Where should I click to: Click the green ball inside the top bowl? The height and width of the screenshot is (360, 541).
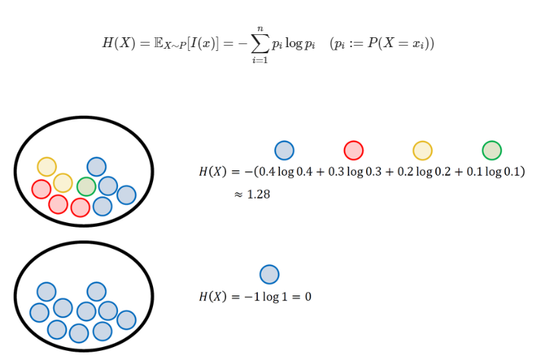click(x=87, y=186)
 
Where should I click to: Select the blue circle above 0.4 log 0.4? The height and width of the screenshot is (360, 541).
click(x=284, y=150)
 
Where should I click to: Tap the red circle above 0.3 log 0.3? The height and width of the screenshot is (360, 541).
click(x=353, y=150)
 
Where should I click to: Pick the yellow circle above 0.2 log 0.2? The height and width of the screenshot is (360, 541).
click(x=422, y=150)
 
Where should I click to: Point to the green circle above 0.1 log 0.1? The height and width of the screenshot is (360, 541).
click(x=492, y=150)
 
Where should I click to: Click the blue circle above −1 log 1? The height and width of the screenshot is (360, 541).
click(x=269, y=274)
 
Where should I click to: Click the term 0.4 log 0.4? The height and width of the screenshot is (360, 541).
click(x=285, y=172)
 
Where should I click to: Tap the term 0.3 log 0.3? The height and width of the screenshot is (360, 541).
click(x=354, y=172)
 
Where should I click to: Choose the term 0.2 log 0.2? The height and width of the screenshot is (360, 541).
click(x=423, y=172)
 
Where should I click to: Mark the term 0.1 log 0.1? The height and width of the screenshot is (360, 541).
click(x=490, y=172)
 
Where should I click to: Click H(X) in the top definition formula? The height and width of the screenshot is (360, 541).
click(x=118, y=43)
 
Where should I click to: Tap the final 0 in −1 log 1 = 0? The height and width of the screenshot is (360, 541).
click(x=307, y=296)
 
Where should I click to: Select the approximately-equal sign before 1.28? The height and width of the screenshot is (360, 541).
click(x=238, y=195)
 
